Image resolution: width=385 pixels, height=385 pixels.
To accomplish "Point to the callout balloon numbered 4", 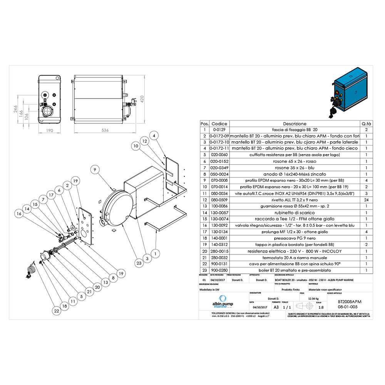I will click(x=154, y=136).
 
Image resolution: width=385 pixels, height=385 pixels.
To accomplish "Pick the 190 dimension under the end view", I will click(x=49, y=131).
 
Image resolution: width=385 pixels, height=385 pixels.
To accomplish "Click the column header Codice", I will click(x=219, y=124).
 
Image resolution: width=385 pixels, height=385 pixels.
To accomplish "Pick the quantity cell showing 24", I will click(x=367, y=201).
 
